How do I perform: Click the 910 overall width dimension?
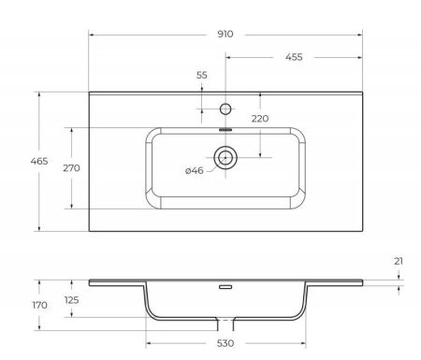coord(225,34)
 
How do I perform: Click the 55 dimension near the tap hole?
coord(202,75)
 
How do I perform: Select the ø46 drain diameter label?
coord(195,169)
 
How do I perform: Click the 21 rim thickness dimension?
coord(399,261)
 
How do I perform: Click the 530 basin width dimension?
coord(225,344)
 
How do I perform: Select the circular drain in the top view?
coord(225,157)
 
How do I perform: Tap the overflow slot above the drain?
coord(225,130)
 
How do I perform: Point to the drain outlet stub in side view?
coord(225,324)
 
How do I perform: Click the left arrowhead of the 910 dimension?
coord(92,34)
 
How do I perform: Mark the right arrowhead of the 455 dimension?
coord(359,57)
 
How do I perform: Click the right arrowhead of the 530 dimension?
coord(301,344)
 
